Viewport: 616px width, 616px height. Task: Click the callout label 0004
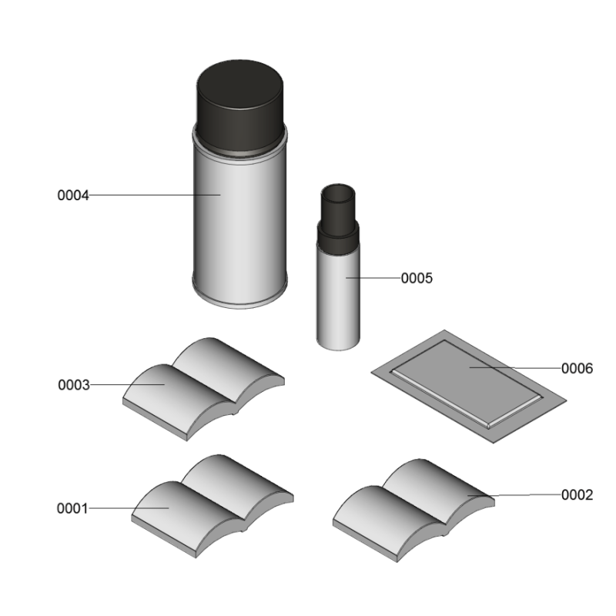pyautogui.click(x=73, y=196)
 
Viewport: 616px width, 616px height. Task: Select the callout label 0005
pyautogui.click(x=417, y=278)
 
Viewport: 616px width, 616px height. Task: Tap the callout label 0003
pyautogui.click(x=74, y=385)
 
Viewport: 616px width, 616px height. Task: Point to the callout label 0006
pyautogui.click(x=577, y=369)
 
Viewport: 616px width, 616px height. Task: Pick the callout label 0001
pyautogui.click(x=72, y=508)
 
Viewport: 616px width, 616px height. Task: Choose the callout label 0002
pyautogui.click(x=577, y=495)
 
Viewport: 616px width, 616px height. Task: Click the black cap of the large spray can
pyautogui.click(x=239, y=106)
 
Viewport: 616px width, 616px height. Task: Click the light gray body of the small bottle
pyautogui.click(x=338, y=299)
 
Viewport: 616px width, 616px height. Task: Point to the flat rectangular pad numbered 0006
pyautogui.click(x=469, y=387)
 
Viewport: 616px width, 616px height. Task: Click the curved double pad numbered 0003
pyautogui.click(x=203, y=389)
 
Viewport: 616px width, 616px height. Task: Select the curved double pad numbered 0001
pyautogui.click(x=213, y=506)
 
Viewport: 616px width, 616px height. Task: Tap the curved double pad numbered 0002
pyautogui.click(x=413, y=511)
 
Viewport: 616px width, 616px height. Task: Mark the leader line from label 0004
pyautogui.click(x=155, y=195)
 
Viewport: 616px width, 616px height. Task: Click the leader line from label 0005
pyautogui.click(x=373, y=278)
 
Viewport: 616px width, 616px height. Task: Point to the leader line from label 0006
pyautogui.click(x=515, y=368)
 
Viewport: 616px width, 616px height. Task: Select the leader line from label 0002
pyautogui.click(x=514, y=495)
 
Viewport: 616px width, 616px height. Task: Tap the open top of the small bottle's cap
pyautogui.click(x=338, y=193)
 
